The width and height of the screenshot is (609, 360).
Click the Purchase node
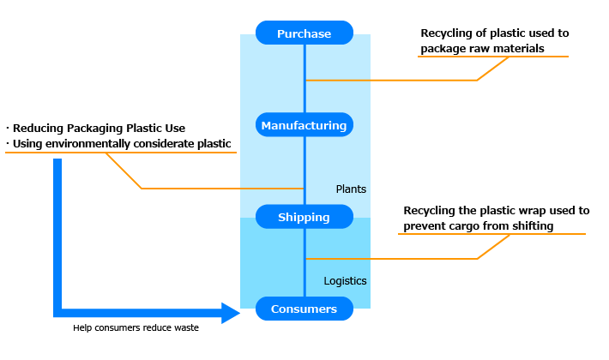[304, 33]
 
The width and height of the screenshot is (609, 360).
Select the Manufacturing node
[304, 125]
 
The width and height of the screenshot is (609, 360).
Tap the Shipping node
[304, 217]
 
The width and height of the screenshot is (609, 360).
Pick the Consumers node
[304, 309]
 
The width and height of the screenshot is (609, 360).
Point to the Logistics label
[346, 280]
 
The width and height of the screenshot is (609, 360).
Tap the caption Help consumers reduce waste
[136, 327]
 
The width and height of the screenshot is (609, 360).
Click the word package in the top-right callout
[442, 48]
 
